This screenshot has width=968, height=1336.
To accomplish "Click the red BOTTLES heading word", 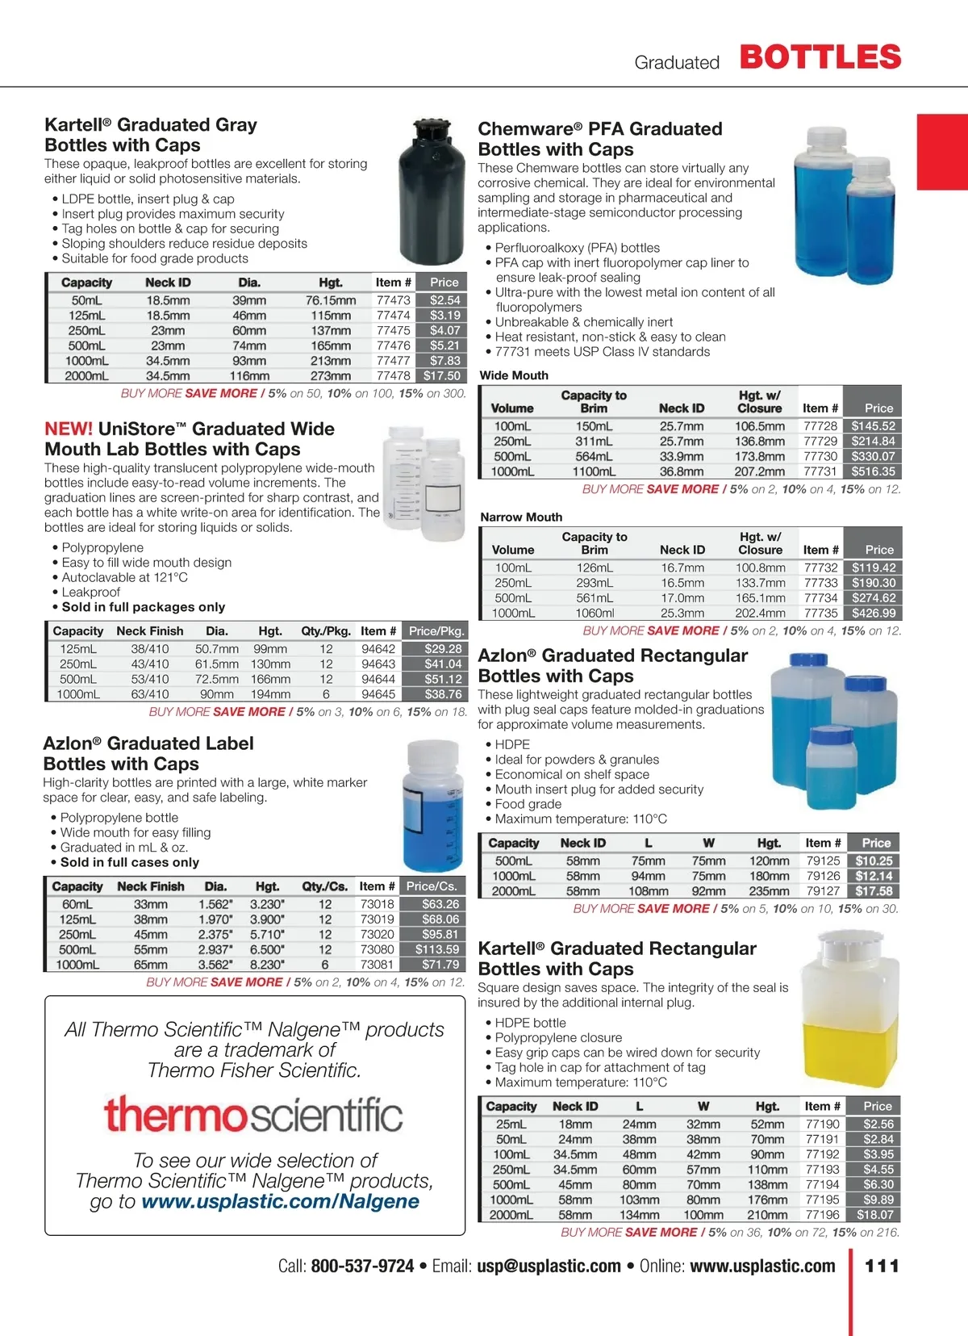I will (x=820, y=57).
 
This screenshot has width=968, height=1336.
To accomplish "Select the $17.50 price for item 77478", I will (x=442, y=375).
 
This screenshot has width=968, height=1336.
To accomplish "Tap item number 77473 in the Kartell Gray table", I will (x=394, y=299).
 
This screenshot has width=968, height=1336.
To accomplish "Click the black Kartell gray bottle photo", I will (x=431, y=194).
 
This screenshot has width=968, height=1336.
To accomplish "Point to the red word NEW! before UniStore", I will (x=69, y=429).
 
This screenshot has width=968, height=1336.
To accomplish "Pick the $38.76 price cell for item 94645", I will (x=443, y=694).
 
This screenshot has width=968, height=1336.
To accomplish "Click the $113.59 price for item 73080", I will (x=437, y=949).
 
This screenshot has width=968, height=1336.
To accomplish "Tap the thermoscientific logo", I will (x=253, y=1115).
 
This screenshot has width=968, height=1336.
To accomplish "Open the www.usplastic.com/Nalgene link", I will (x=280, y=1201).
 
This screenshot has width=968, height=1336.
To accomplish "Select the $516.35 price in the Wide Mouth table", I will (x=873, y=471).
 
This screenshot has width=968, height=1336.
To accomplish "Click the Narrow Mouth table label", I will (x=521, y=517).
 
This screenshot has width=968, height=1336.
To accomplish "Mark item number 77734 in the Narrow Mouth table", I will (x=821, y=598).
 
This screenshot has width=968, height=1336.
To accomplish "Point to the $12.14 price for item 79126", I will (x=874, y=876).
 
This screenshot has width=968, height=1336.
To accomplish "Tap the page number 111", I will (x=882, y=1266).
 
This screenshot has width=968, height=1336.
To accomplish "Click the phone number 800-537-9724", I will (x=362, y=1266).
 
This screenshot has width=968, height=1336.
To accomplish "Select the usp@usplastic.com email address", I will (x=549, y=1266).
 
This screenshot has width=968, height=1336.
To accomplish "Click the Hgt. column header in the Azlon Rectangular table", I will (x=769, y=843).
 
